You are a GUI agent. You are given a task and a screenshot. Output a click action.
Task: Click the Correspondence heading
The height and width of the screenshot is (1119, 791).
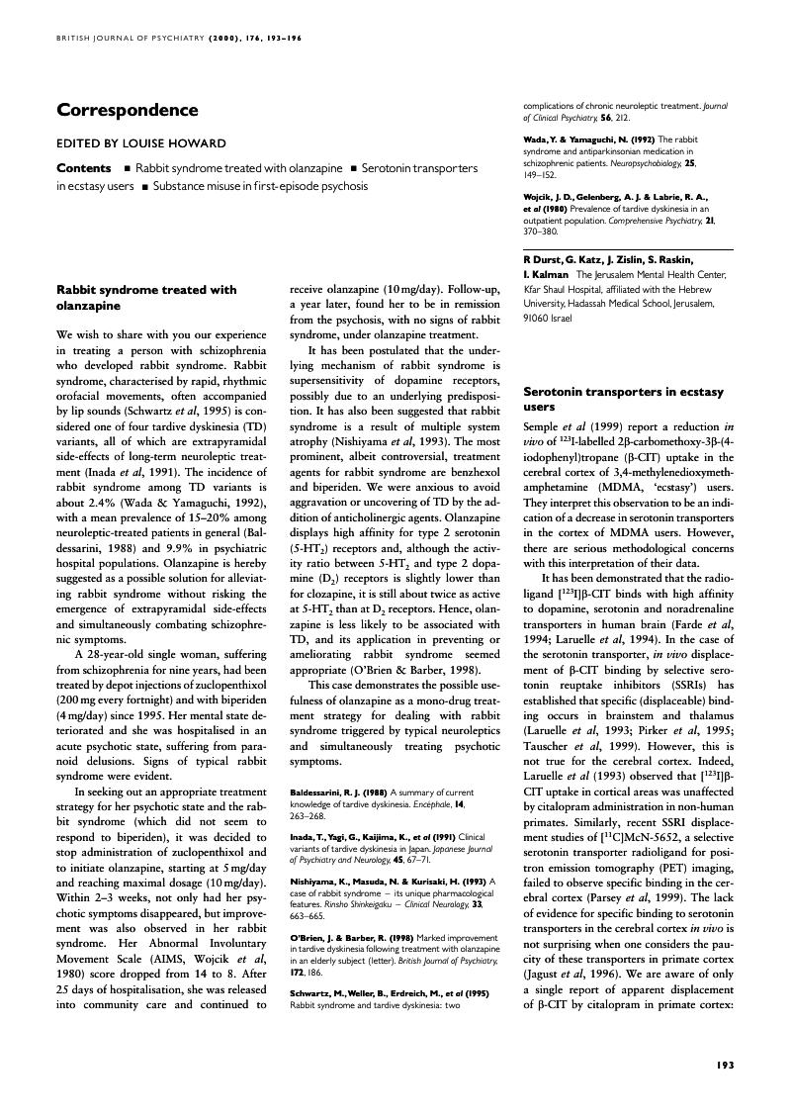click(128, 111)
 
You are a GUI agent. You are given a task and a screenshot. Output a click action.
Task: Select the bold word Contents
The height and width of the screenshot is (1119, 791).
click(83, 168)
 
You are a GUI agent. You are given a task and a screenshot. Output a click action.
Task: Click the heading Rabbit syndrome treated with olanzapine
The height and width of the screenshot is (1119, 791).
click(146, 298)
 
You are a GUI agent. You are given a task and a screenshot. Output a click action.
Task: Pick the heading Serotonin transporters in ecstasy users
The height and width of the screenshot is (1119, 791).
click(613, 399)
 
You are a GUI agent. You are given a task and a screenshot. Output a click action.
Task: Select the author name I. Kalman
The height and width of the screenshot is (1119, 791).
click(546, 274)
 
